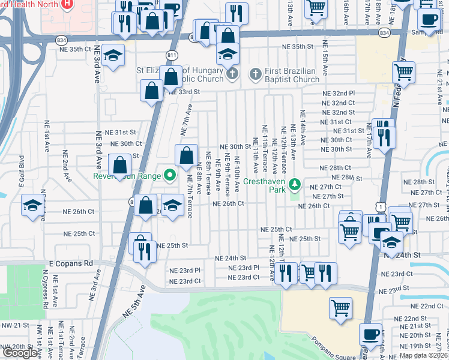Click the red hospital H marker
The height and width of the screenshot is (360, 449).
(x=67, y=5)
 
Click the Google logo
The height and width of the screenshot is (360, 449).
(x=20, y=353)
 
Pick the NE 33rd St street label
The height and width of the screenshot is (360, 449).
(x=183, y=92)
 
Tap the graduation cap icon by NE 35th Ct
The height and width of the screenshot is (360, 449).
(x=112, y=55)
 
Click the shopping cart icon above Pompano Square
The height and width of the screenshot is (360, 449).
(x=340, y=307)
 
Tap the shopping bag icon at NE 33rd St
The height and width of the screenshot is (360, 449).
(x=151, y=91)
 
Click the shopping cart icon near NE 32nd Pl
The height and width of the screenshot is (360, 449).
(x=403, y=72)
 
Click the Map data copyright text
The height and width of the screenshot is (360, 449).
(x=423, y=355)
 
